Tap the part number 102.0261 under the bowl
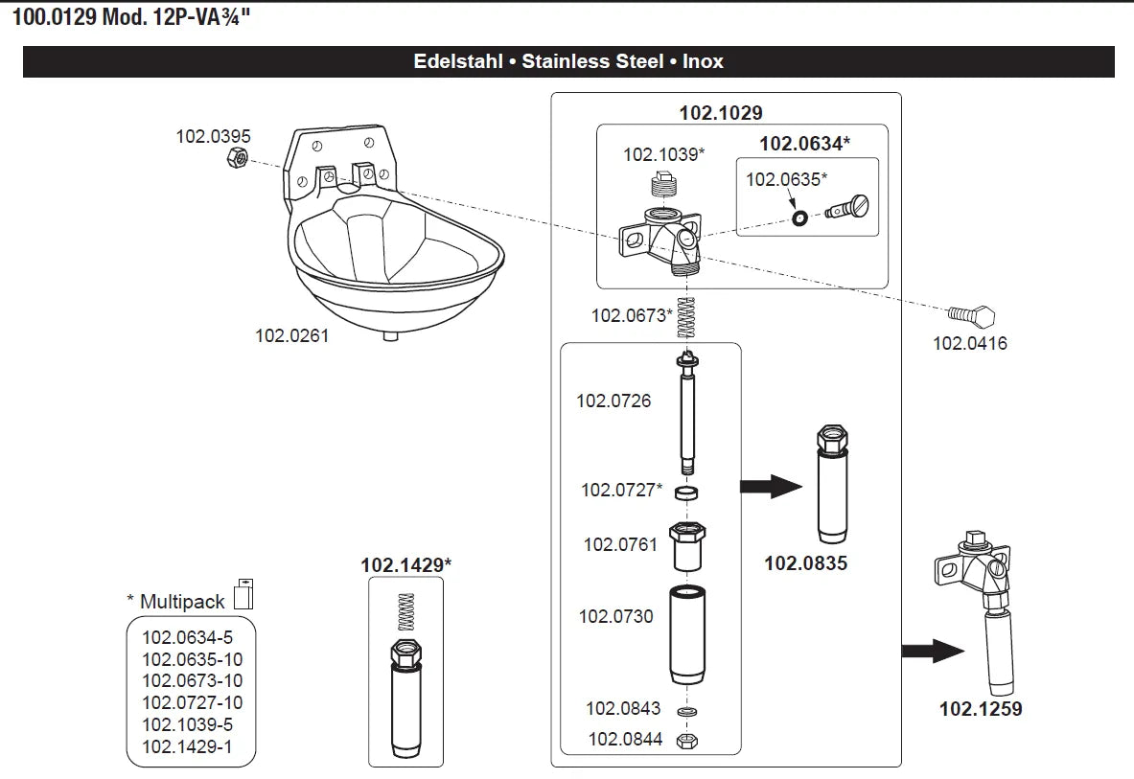[291, 336]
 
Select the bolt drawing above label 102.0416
[972, 315]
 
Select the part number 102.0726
[613, 401]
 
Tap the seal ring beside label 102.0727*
[686, 493]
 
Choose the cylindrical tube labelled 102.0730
[687, 633]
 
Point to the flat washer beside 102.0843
[686, 712]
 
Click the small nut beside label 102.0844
[686, 741]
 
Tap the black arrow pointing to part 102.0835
[771, 488]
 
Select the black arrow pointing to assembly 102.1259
[932, 653]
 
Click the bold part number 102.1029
[721, 113]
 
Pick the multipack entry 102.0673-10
[193, 681]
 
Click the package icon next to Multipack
[244, 593]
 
